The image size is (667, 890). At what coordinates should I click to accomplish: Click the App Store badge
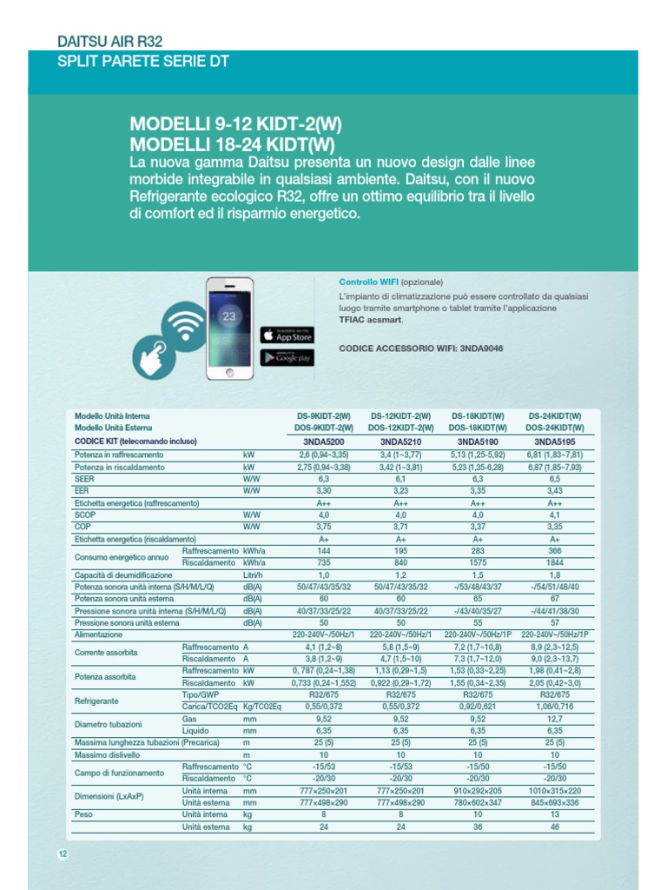[287, 335]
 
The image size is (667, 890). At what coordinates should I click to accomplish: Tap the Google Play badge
[287, 357]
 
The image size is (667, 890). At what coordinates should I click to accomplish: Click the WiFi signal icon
[183, 326]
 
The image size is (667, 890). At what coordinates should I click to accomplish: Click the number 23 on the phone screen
[229, 316]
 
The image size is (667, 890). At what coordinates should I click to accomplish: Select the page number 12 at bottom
[63, 853]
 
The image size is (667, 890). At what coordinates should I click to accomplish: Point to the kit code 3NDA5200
[323, 441]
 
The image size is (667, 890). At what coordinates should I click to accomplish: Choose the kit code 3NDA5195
[554, 441]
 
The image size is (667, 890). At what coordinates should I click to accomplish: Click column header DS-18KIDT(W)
[478, 415]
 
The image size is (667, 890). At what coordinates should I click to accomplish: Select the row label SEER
[85, 478]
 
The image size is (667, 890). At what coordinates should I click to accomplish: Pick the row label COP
[83, 527]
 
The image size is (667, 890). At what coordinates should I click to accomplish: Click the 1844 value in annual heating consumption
[554, 563]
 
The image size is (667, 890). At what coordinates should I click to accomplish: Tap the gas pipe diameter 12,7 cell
[554, 720]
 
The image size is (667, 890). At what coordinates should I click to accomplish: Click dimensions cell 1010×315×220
[554, 792]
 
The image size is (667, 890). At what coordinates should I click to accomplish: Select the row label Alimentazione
[99, 635]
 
